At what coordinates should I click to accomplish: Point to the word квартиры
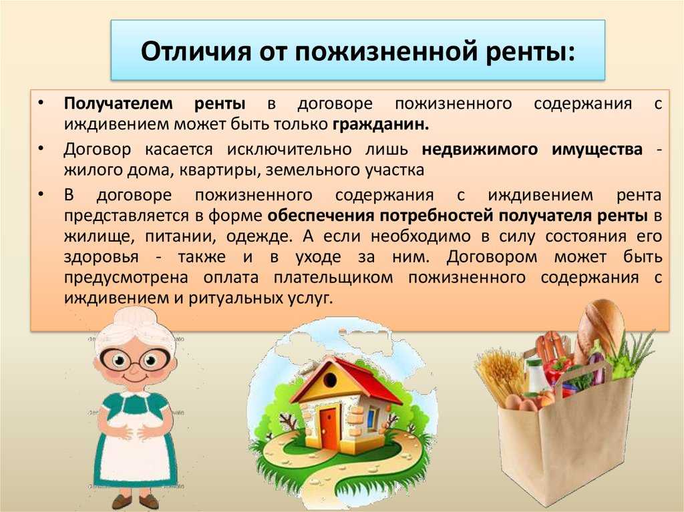click(220, 170)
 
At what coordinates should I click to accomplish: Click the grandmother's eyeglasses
click(134, 361)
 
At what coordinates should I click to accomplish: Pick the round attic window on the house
click(329, 380)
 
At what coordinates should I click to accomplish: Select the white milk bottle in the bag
click(536, 376)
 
